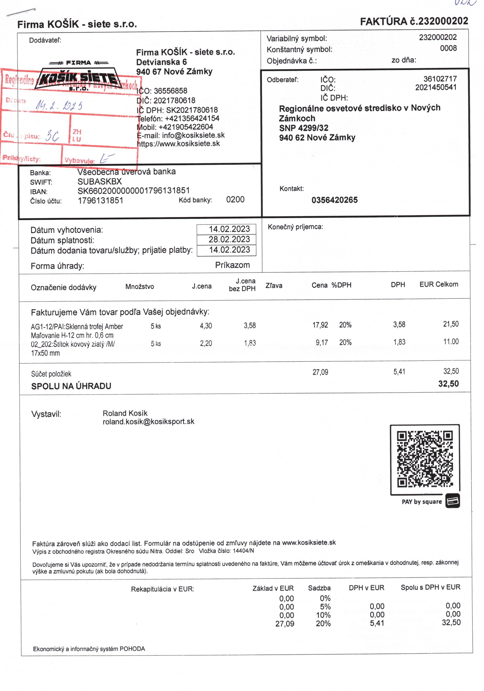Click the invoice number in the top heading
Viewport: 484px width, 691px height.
click(442, 21)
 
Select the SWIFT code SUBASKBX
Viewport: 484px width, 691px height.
click(100, 182)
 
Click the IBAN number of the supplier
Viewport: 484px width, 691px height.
click(134, 191)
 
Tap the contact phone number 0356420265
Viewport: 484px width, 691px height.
click(335, 200)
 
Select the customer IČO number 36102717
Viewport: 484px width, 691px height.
click(440, 79)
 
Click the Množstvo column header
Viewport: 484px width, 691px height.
click(140, 286)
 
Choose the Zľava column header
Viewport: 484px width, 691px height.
click(274, 286)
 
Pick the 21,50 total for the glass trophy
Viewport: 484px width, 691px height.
click(451, 324)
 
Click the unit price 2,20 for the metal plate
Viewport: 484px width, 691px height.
click(206, 343)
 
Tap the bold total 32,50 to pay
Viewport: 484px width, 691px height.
click(448, 384)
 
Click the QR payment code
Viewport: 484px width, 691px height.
click(425, 459)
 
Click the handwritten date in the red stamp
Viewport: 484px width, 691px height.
click(59, 105)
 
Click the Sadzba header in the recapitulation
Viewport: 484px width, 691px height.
click(319, 588)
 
